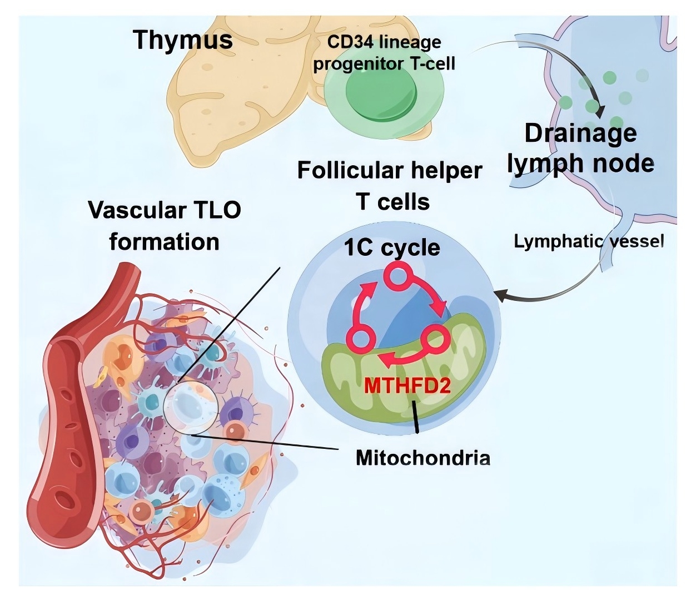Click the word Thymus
pyautogui.click(x=183, y=40)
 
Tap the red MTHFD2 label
pyautogui.click(x=407, y=385)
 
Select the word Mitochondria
pyautogui.click(x=422, y=458)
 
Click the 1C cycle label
pyautogui.click(x=392, y=247)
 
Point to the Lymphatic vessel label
pyautogui.click(x=589, y=241)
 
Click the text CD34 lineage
pyautogui.click(x=384, y=42)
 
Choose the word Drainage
pyautogui.click(x=580, y=133)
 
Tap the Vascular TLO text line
pyautogui.click(x=165, y=210)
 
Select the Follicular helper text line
pyautogui.click(x=389, y=170)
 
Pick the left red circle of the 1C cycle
pyautogui.click(x=360, y=339)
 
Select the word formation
pyautogui.click(x=164, y=242)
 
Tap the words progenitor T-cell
pyautogui.click(x=384, y=64)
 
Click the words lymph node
pyautogui.click(x=580, y=163)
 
